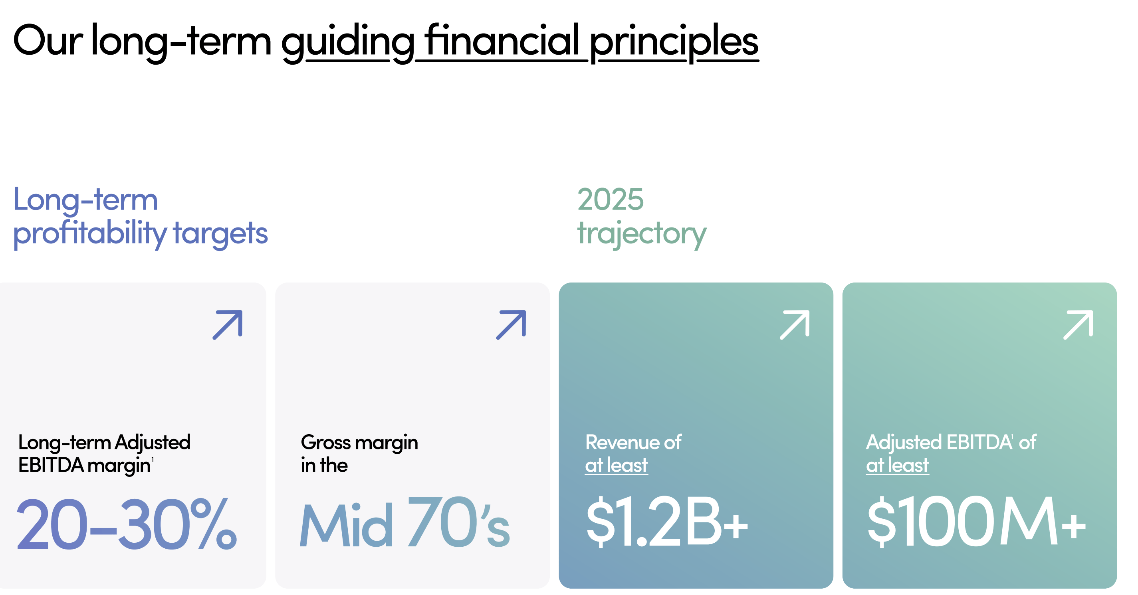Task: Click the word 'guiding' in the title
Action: [348, 42]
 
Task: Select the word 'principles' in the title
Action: [674, 42]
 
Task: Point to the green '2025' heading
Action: [611, 200]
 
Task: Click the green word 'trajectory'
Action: [642, 234]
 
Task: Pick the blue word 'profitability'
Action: [90, 234]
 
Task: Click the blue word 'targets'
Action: [220, 234]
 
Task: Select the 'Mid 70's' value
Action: [404, 522]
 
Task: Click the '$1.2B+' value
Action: [667, 522]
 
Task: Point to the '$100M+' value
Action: [976, 522]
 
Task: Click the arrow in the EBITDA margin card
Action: [228, 325]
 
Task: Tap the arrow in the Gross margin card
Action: [511, 325]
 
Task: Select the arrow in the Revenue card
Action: [795, 325]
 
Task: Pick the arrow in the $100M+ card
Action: [1079, 325]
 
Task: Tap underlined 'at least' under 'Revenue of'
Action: [616, 465]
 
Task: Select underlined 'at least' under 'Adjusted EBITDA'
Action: [897, 465]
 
